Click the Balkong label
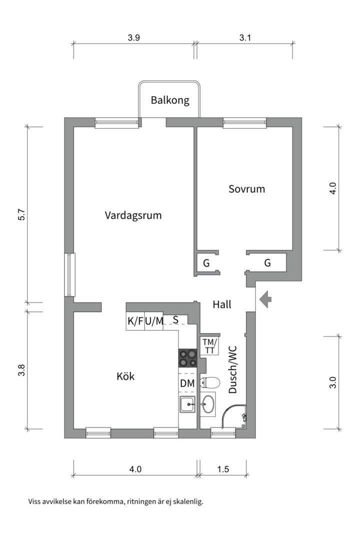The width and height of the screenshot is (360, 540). [170, 100]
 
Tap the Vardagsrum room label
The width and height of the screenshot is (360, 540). [133, 215]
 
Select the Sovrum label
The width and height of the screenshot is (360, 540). [246, 189]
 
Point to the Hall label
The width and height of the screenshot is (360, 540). [221, 304]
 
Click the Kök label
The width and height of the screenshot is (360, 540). [125, 376]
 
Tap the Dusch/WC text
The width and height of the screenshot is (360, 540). [232, 369]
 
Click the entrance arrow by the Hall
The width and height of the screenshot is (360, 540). [265, 299]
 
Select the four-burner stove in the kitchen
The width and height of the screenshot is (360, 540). [188, 358]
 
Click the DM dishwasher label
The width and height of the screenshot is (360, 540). [187, 383]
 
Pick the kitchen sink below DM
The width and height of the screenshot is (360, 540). [188, 403]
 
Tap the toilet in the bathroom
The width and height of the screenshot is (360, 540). [209, 383]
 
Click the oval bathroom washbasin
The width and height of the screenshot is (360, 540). [208, 403]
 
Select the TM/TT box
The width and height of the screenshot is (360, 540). [209, 346]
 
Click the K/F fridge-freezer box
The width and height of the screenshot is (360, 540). [134, 321]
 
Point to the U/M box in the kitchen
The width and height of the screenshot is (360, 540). [154, 321]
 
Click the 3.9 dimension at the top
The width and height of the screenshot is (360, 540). [133, 37]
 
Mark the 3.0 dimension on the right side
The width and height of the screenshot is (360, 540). [333, 382]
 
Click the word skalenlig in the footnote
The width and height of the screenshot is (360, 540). [187, 501]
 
